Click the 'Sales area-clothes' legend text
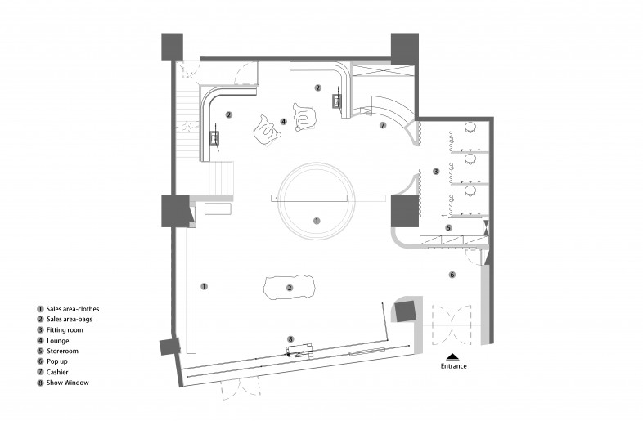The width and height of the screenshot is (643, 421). pyautogui.click(x=73, y=309)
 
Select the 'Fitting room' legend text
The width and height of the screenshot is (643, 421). pyautogui.click(x=65, y=330)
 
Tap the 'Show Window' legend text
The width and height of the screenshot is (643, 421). pyautogui.click(x=68, y=383)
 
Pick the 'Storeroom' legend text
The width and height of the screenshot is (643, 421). pyautogui.click(x=62, y=351)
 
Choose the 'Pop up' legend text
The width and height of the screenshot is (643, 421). pyautogui.click(x=57, y=361)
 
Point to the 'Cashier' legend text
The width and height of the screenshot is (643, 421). pyautogui.click(x=57, y=372)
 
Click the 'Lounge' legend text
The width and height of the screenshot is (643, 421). pyautogui.click(x=58, y=341)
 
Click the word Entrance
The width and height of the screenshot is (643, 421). pyautogui.click(x=453, y=366)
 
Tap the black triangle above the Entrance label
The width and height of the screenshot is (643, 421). pyautogui.click(x=452, y=356)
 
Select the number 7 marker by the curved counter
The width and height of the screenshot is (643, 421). pyautogui.click(x=383, y=125)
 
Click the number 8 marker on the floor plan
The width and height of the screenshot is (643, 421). pyautogui.click(x=290, y=339)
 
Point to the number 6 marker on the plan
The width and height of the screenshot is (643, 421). pyautogui.click(x=452, y=275)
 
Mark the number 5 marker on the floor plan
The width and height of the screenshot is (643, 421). pyautogui.click(x=448, y=227)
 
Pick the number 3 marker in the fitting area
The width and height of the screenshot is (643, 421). pyautogui.click(x=436, y=172)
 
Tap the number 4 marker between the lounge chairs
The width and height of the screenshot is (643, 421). pyautogui.click(x=283, y=121)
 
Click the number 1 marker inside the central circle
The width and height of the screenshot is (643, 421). pyautogui.click(x=317, y=221)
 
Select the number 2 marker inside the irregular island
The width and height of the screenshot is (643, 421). pyautogui.click(x=290, y=288)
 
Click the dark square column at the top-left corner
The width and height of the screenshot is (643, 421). pyautogui.click(x=173, y=47)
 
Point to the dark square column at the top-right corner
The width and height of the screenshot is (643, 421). pyautogui.click(x=405, y=49)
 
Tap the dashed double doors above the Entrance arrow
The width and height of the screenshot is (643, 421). pyautogui.click(x=452, y=325)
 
